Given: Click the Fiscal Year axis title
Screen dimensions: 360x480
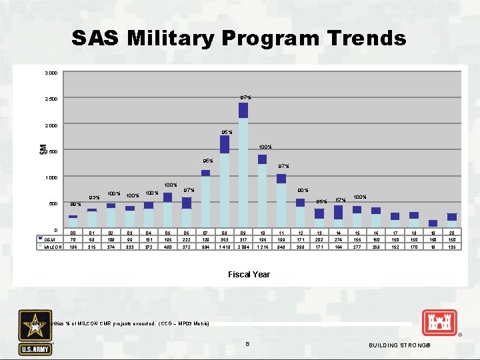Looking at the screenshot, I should [x=249, y=274].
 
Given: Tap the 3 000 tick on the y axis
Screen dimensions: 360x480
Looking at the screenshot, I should [x=49, y=73].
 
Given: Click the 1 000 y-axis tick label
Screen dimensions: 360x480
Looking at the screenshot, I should [x=49, y=178].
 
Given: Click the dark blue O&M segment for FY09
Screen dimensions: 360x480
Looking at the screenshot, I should [x=243, y=111].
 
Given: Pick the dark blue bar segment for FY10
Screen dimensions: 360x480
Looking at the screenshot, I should [x=263, y=159].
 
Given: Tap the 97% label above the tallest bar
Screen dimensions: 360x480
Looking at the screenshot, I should [x=245, y=98].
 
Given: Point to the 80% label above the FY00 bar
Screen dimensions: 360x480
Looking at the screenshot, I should [x=76, y=205].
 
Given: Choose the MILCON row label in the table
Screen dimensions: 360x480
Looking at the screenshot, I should [x=53, y=247].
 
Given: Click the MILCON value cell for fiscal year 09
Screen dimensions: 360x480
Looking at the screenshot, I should [x=243, y=247].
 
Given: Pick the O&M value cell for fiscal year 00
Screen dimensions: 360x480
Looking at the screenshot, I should [x=73, y=238].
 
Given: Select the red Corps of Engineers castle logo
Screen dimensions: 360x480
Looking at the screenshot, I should [x=439, y=325].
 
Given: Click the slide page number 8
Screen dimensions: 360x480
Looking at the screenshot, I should [x=247, y=344].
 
